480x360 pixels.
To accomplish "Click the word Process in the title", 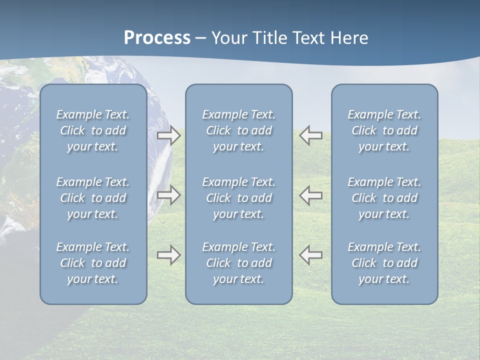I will point(157,38).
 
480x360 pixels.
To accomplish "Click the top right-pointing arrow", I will point(169,135).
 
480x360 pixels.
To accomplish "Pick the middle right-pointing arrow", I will point(169,195).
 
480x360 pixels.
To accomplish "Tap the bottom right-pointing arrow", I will point(169,255).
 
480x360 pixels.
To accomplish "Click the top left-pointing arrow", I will point(311,135).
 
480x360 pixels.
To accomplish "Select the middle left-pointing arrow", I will point(311,195).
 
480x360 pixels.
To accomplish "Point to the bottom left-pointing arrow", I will point(311,255).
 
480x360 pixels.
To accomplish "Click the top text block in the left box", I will point(93,130).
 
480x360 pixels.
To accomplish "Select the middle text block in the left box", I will point(93,198).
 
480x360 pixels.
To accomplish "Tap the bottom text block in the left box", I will point(93,263).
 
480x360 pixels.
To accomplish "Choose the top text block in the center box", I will point(238,130).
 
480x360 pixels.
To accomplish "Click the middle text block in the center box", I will point(238,198).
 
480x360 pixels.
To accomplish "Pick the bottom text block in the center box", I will point(238,263).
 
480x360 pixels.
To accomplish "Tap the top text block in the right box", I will point(384,130).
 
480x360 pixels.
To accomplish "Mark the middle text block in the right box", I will point(384,198).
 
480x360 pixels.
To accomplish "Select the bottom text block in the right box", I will point(384,263).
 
